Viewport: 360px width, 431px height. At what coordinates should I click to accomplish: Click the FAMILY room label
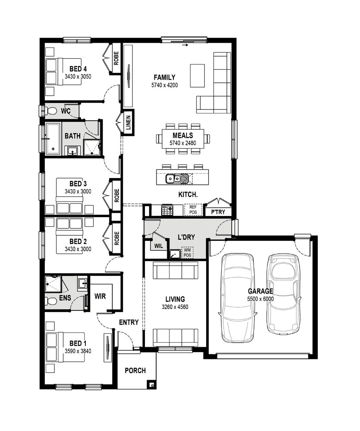164,78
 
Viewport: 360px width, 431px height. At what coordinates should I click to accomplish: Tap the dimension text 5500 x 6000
260,299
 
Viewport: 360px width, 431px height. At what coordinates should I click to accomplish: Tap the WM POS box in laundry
187,253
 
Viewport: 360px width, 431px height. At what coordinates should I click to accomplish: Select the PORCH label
135,371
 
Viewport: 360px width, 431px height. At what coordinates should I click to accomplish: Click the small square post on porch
150,384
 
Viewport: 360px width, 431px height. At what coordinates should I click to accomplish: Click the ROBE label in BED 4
116,58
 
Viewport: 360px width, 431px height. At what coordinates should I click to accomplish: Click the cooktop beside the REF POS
167,210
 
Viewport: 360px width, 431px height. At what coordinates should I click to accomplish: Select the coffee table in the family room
198,75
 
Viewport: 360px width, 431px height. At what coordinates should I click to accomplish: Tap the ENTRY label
128,322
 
